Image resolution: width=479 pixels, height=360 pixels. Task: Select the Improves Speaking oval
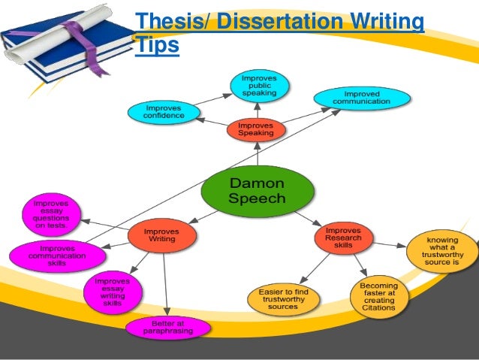tap(255, 129)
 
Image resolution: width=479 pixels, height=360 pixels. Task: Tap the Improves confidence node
tap(164, 111)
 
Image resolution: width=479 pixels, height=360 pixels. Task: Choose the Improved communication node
tap(362, 98)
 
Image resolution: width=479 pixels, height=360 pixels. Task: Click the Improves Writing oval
tap(161, 236)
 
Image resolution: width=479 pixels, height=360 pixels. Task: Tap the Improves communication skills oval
tap(56, 253)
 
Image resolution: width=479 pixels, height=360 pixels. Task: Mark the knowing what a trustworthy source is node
tap(442, 251)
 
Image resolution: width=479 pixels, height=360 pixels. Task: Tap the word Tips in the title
tap(157, 45)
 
